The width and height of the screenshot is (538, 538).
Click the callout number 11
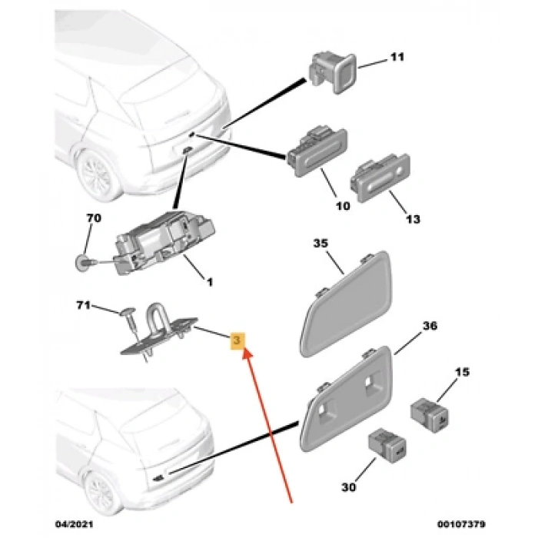tap(397, 57)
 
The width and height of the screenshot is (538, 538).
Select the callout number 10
tap(343, 206)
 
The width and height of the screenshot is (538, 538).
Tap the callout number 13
tap(413, 219)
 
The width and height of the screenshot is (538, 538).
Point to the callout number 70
tap(94, 218)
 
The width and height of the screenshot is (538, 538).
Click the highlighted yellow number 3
tap(237, 340)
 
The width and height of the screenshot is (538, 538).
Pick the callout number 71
tap(83, 304)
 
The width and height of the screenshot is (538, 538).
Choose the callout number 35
tap(320, 243)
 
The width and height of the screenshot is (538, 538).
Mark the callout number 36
tap(430, 325)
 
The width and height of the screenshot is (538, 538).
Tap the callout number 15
tap(462, 372)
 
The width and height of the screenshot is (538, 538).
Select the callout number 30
tap(349, 487)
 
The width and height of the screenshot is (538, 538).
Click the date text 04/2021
tap(74, 524)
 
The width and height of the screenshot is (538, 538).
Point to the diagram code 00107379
tap(461, 524)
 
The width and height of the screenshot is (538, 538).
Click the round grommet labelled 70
tap(82, 263)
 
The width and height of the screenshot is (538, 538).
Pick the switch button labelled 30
tap(387, 445)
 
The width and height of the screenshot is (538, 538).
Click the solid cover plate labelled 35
tap(346, 304)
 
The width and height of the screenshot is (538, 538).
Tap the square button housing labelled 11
tap(333, 73)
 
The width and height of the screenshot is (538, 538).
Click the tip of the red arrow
tap(244, 349)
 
